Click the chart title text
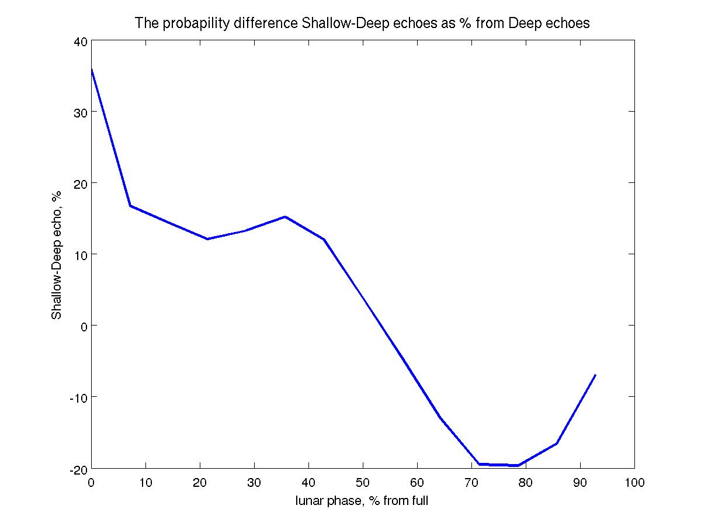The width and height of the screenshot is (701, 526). (x=362, y=23)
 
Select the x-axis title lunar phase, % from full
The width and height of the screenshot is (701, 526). (x=362, y=501)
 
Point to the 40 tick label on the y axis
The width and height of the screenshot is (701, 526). (x=80, y=41)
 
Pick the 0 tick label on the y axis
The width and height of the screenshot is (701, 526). (x=84, y=326)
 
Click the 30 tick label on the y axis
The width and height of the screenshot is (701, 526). (x=80, y=112)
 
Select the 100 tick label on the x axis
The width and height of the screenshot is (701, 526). (x=634, y=483)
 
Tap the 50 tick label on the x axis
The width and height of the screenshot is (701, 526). (x=363, y=483)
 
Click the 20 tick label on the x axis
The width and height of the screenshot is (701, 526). (x=200, y=483)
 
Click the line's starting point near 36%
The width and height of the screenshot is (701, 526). (x=92, y=70)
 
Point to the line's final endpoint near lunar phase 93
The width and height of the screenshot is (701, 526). (x=595, y=375)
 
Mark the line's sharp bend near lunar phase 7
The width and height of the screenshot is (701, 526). (x=130, y=206)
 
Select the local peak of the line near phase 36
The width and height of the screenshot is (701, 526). (x=285, y=217)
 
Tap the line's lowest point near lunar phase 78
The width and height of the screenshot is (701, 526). (x=518, y=465)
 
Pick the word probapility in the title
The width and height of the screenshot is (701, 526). (x=186, y=23)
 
